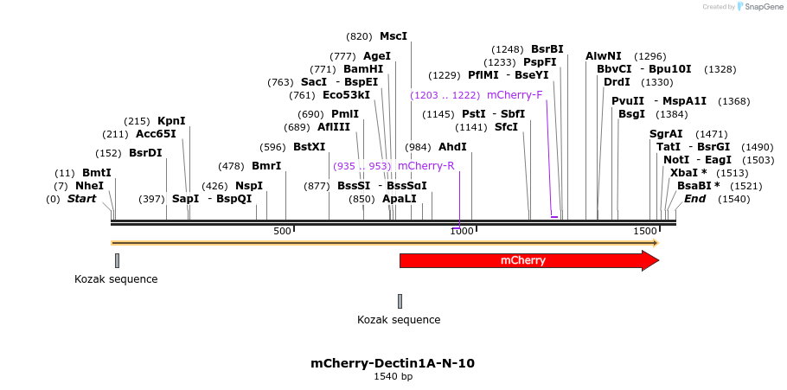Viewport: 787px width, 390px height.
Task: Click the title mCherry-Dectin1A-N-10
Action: click(393, 363)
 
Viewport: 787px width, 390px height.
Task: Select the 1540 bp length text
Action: click(393, 377)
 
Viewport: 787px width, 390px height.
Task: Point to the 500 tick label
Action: click(282, 232)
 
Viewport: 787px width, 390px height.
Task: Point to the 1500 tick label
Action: click(645, 232)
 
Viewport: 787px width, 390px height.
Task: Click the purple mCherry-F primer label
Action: click(515, 95)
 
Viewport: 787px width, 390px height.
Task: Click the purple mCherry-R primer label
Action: click(425, 165)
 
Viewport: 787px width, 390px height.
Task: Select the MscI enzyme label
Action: click(393, 36)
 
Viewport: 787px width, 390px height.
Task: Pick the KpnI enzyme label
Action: click(171, 121)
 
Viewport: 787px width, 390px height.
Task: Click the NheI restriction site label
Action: click(89, 186)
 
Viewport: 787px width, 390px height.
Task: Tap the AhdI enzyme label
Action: click(452, 147)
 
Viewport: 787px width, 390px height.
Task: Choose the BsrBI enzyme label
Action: click(547, 49)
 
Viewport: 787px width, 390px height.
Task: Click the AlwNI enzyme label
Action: click(604, 56)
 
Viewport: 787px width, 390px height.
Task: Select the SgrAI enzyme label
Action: click(666, 134)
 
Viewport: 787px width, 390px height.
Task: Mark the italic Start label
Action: click(81, 199)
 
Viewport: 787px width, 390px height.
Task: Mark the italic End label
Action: click(695, 199)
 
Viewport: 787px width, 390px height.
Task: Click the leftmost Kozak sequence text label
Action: click(116, 279)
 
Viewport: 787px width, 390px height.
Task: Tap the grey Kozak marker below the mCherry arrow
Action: click(400, 301)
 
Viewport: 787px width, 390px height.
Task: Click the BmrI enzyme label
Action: click(266, 166)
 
